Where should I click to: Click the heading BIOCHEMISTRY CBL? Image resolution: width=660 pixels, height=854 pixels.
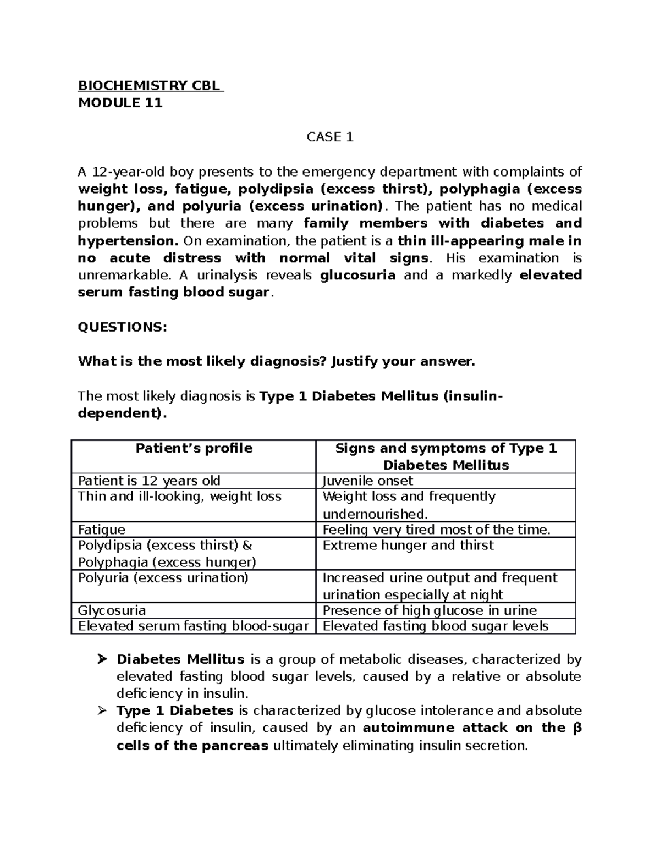(x=150, y=86)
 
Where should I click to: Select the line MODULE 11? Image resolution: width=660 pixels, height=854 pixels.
(x=120, y=103)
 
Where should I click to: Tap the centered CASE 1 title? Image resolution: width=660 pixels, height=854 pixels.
(x=329, y=137)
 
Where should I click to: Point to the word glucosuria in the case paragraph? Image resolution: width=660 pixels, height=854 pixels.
(x=358, y=276)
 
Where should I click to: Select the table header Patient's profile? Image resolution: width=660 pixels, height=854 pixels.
(x=194, y=449)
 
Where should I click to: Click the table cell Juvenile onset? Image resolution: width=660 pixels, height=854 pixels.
(x=367, y=481)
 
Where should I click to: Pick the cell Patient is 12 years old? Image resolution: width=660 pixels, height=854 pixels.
(x=149, y=481)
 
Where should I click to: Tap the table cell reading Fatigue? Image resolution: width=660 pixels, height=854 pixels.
(x=102, y=530)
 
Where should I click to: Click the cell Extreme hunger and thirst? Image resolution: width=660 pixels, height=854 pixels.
(x=408, y=546)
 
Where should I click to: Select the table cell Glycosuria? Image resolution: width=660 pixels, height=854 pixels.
(x=112, y=611)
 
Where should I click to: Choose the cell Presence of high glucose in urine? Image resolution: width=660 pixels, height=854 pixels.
(x=430, y=611)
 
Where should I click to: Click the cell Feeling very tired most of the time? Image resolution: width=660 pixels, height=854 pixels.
(x=436, y=530)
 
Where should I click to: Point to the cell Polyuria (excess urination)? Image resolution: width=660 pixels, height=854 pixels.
(x=163, y=578)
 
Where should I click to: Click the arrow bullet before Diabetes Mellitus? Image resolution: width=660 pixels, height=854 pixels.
(x=101, y=659)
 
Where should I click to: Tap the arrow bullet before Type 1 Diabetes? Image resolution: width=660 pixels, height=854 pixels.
(x=101, y=711)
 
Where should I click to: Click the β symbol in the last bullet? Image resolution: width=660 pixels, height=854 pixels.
(x=577, y=729)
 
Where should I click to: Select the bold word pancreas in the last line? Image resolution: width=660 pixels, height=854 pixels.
(x=235, y=746)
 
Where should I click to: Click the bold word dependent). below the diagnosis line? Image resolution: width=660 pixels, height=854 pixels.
(x=122, y=414)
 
